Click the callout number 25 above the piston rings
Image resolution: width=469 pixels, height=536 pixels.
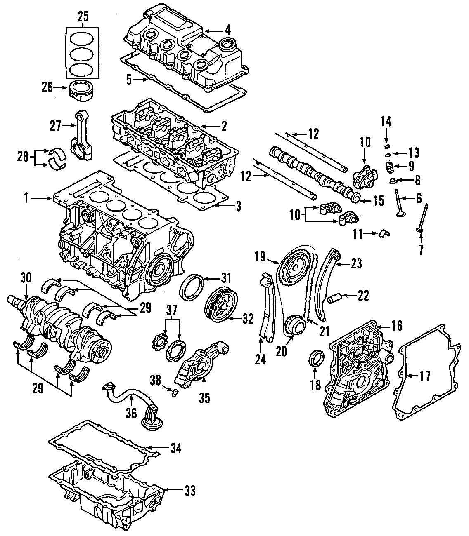83,16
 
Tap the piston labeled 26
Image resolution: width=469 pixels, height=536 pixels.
81,90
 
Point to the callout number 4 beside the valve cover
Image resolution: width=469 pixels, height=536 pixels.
228,30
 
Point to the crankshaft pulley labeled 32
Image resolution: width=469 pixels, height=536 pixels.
220,305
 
